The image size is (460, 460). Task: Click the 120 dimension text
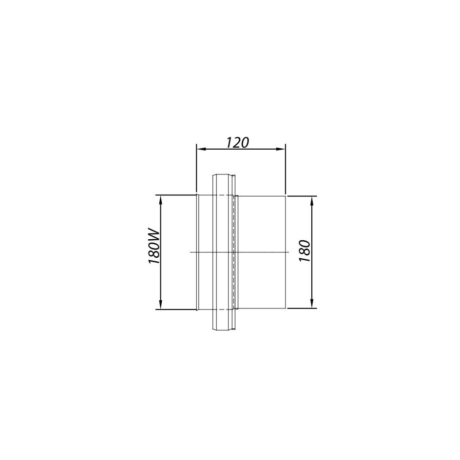pyautogui.click(x=238, y=142)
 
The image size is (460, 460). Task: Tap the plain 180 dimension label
pyautogui.click(x=305, y=251)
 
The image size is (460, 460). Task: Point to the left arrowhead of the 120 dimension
pyautogui.click(x=199, y=149)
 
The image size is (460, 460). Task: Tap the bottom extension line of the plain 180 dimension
pyautogui.click(x=302, y=308)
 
